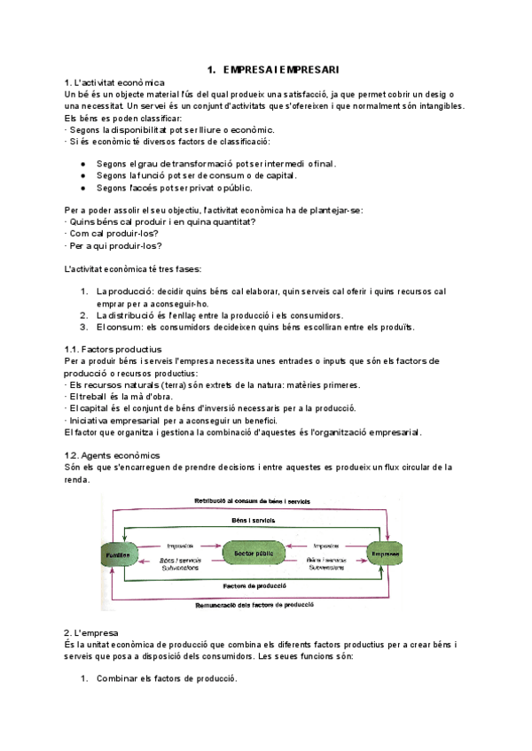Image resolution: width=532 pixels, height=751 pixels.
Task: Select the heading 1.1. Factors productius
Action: (x=113, y=350)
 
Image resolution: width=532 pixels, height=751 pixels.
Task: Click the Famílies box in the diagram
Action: (x=122, y=554)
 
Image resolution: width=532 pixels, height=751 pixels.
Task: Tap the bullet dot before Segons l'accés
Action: (x=82, y=188)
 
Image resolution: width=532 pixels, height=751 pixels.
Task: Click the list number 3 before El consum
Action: (x=84, y=326)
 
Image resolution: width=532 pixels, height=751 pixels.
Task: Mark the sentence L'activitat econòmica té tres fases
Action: (x=133, y=268)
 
